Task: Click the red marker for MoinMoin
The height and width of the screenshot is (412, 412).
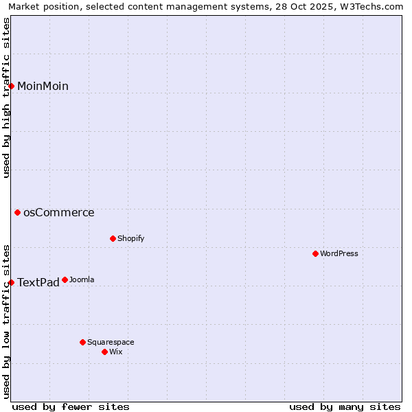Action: [12, 86]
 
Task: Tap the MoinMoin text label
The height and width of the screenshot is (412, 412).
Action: [43, 86]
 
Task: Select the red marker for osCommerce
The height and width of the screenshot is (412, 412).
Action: [18, 213]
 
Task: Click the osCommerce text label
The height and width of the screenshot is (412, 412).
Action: [58, 213]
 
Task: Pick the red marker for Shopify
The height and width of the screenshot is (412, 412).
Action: [113, 239]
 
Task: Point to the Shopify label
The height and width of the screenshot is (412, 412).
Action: [130, 239]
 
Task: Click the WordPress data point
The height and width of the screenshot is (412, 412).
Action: [316, 254]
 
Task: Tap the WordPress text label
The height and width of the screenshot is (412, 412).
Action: [339, 254]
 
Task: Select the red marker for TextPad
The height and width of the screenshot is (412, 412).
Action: [12, 282]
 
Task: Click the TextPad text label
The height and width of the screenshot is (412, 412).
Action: [38, 283]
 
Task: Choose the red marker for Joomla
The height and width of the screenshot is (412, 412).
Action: [65, 280]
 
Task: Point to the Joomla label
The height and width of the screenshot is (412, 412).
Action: [82, 280]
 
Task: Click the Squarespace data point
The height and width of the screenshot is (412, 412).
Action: [83, 342]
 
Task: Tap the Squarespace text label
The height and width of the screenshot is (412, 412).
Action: [111, 342]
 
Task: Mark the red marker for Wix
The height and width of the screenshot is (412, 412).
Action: [105, 352]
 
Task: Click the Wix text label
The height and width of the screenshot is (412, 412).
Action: [115, 352]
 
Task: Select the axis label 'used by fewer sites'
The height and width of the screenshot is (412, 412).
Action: [71, 407]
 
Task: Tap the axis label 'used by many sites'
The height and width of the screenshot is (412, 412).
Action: [345, 407]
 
